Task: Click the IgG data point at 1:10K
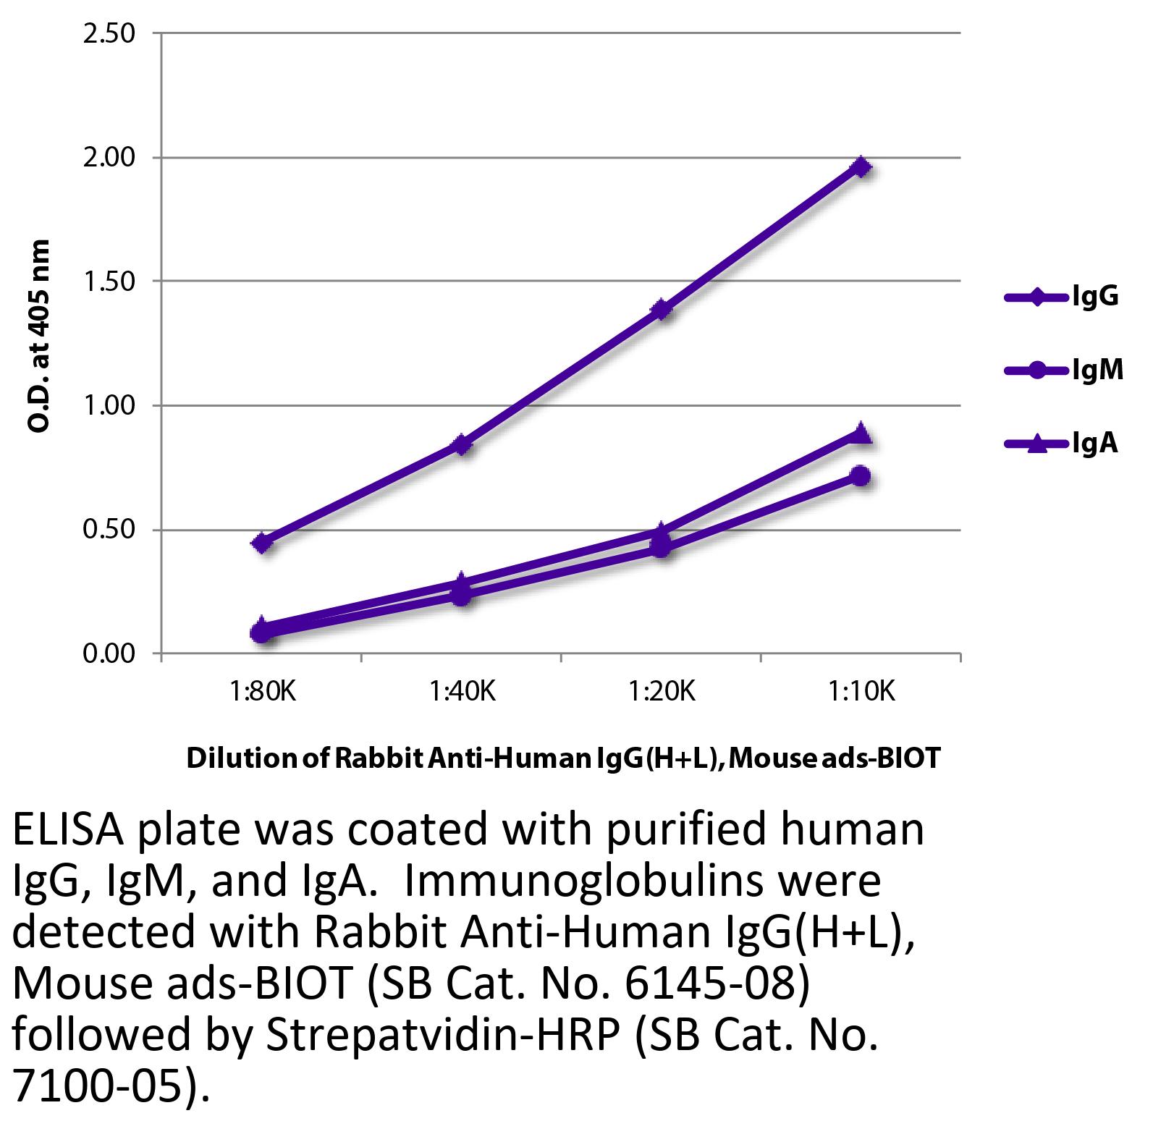pos(861,166)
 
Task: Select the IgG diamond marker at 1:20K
pos(661,310)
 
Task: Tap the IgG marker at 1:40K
pos(462,444)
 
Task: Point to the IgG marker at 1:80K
pos(262,542)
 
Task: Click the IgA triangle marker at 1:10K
pos(861,433)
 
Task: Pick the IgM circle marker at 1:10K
pos(861,475)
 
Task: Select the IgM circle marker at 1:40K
pos(462,596)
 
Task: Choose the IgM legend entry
pos(1064,370)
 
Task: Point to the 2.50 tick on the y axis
pos(109,33)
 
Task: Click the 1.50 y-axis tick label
pos(109,282)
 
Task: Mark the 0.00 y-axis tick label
pos(109,654)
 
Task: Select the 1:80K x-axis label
pos(262,693)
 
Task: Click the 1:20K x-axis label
pos(662,693)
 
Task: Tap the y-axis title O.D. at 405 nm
pos(40,336)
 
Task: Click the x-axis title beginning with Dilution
pos(563,758)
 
